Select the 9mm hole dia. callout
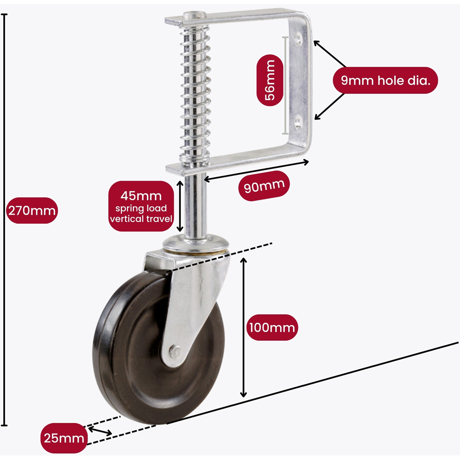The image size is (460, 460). pos(385,80)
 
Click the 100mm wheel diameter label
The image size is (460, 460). pos(272,328)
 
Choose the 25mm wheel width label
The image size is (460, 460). pos(64,438)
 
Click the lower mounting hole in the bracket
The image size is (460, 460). pos(299,122)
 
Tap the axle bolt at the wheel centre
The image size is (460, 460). pos(174,351)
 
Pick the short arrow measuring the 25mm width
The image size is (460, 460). pos(100,431)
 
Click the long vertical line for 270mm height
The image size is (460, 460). pos(5,221)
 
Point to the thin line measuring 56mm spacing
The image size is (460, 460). pos(286,83)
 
